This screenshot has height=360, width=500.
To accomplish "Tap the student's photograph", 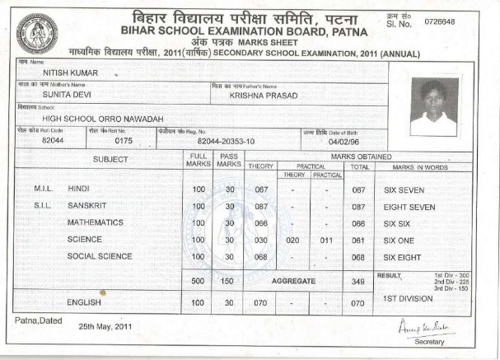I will (x=433, y=106).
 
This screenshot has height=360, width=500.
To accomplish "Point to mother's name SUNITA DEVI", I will (x=67, y=95).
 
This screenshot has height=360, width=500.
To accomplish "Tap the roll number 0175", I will (x=124, y=141).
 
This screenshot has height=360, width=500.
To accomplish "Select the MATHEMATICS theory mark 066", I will (x=260, y=223).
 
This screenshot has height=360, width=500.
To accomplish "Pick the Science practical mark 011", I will (x=327, y=240).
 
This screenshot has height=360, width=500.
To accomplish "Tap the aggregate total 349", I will (x=357, y=281).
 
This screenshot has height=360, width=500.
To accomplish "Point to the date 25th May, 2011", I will (x=105, y=326).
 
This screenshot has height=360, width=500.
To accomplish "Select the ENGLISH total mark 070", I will (x=357, y=303).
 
